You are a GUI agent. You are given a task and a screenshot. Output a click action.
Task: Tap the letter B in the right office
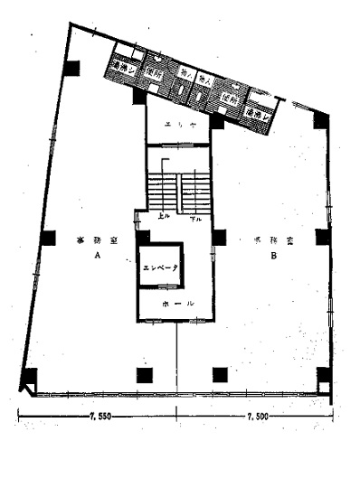coord(272,256)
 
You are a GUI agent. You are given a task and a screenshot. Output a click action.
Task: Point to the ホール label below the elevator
coord(177,305)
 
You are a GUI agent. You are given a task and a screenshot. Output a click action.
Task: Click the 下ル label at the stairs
coord(194,218)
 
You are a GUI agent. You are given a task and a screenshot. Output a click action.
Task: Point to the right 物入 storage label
coord(204,81)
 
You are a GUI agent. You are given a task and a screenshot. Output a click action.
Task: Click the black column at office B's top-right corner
coord(320,118)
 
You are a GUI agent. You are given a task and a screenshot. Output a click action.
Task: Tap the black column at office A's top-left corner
coord(71,67)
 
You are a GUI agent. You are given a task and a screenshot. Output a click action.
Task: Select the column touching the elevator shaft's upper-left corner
coord(143,237)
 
